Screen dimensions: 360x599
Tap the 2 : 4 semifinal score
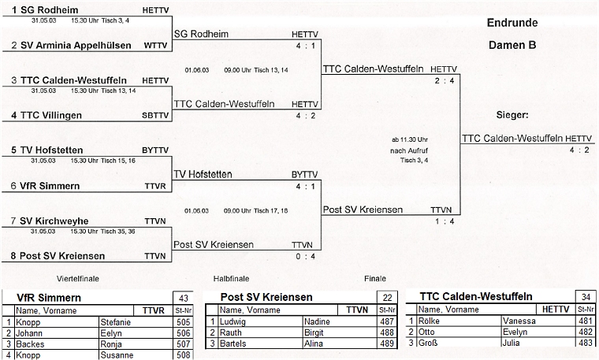pyautogui.click(x=444, y=81)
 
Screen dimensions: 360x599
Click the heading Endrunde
pyautogui.click(x=512, y=22)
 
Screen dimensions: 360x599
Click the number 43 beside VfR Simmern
pyautogui.click(x=183, y=297)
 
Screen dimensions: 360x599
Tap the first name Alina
pyautogui.click(x=314, y=344)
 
